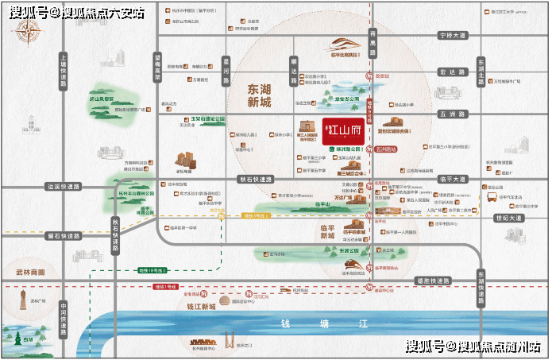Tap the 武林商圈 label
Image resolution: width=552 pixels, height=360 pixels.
(x=29, y=272)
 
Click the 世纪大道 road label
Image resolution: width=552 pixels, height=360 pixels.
(x=508, y=218)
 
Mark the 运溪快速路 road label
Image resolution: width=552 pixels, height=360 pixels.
(x=64, y=187)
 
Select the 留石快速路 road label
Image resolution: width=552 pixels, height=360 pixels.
(x=64, y=235)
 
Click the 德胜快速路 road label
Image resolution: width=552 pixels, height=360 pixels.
(x=432, y=281)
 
